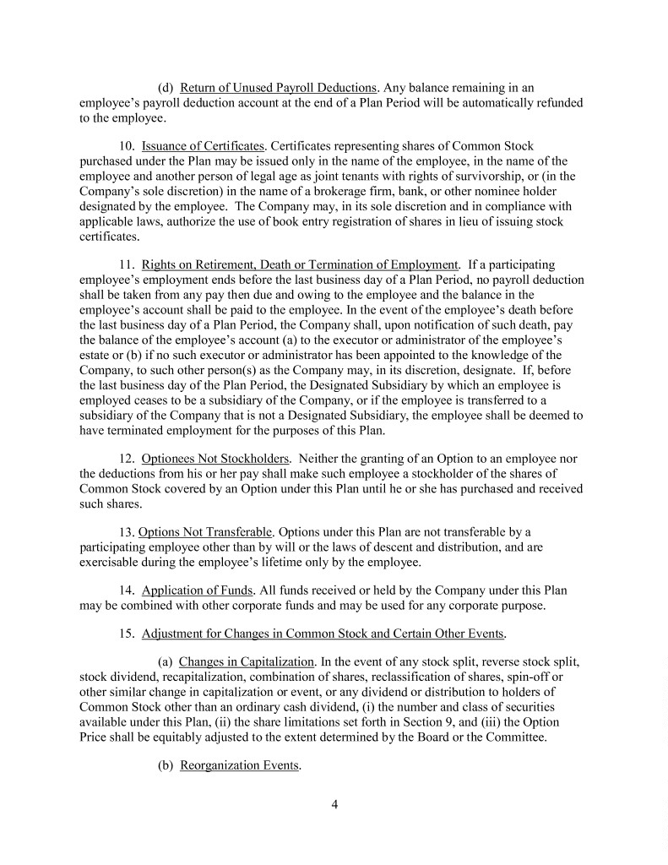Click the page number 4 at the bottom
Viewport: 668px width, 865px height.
click(334, 803)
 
